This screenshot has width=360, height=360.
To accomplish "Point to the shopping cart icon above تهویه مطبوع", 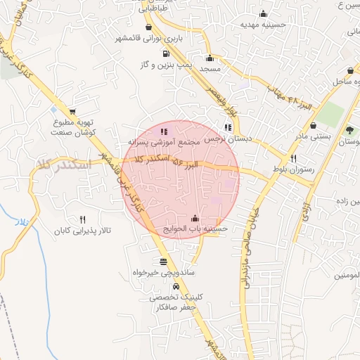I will [x=72, y=112].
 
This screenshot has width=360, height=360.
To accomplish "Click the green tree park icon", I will [x=350, y=130].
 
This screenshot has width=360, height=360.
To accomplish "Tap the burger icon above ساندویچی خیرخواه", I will [x=164, y=262].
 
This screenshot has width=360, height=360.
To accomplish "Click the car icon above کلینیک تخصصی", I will [x=176, y=287].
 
